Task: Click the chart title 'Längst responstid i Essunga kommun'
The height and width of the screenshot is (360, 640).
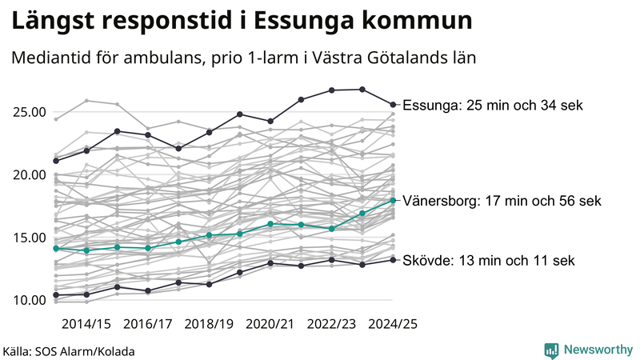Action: [x=241, y=22]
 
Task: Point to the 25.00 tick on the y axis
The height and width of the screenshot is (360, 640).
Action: [x=28, y=112]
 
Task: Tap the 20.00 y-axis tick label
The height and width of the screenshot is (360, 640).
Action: [x=28, y=174]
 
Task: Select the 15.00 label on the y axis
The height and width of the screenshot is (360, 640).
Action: [x=28, y=238]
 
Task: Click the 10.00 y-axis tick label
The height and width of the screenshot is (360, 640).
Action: [x=28, y=300]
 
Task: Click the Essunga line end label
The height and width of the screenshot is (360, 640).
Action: [x=494, y=105]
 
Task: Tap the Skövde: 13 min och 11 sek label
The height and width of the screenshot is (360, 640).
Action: [x=488, y=260]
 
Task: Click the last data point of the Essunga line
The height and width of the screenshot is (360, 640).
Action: [x=393, y=104]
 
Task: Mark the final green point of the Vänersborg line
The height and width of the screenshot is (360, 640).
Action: [x=393, y=200]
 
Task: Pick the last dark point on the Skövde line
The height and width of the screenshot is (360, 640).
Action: [x=393, y=259]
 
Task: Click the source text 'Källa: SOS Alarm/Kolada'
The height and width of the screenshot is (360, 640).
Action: [x=69, y=351]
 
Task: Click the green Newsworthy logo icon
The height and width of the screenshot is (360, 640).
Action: [x=551, y=350]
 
